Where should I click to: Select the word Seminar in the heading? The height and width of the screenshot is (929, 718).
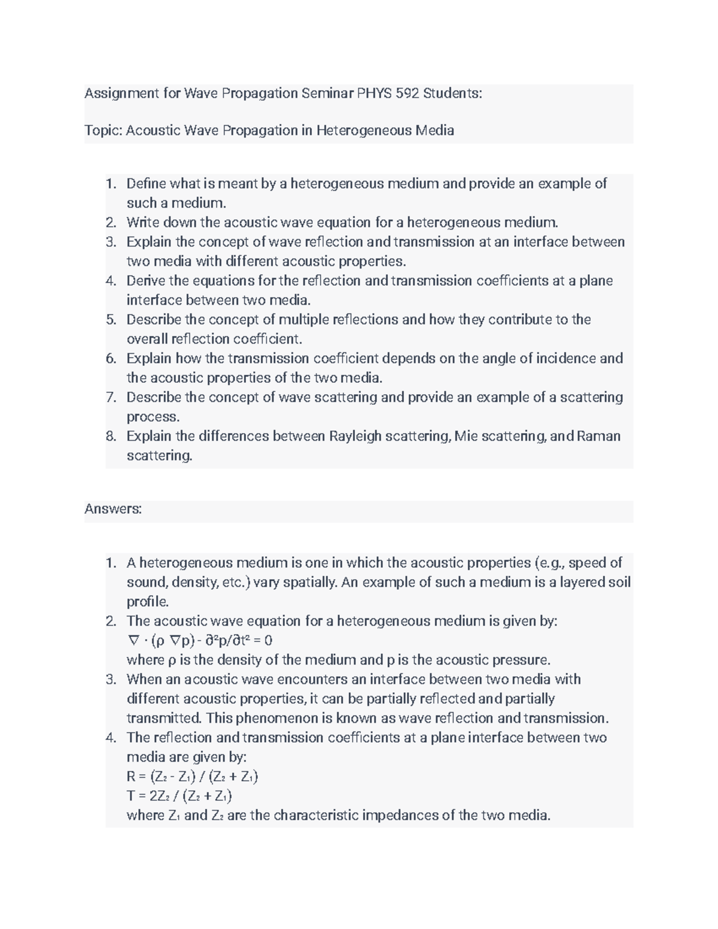click(x=327, y=93)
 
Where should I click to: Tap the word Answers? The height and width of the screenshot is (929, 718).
click(x=113, y=509)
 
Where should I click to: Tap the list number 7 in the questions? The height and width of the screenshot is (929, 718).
click(x=111, y=397)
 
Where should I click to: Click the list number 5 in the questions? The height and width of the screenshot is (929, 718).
click(x=111, y=319)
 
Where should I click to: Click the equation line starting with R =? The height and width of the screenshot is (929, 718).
click(x=192, y=776)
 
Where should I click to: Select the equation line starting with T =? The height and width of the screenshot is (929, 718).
click(x=179, y=796)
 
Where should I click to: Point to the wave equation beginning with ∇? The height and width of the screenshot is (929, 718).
click(x=200, y=641)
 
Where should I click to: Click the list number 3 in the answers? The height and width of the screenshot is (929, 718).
click(x=111, y=680)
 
